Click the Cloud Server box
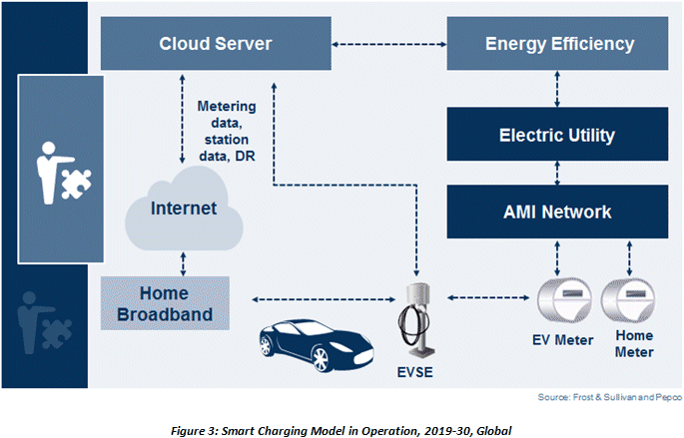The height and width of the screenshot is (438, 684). (x=216, y=43)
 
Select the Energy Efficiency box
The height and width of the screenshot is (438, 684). (x=557, y=43)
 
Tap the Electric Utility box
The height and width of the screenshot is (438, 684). (x=557, y=135)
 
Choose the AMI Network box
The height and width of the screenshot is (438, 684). (x=557, y=212)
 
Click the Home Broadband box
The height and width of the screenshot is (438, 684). (x=165, y=303)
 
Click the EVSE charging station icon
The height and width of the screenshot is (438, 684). (x=415, y=319)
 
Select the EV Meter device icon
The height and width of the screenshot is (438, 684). (x=564, y=300)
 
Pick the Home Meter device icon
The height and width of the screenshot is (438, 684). (x=628, y=300)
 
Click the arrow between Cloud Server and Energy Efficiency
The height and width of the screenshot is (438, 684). (x=389, y=44)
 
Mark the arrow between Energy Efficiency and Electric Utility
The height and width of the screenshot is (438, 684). (x=557, y=89)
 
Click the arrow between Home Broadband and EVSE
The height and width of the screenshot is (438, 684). (x=324, y=299)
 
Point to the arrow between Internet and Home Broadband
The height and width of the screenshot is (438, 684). (x=183, y=263)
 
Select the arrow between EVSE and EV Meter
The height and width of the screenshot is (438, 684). (x=488, y=297)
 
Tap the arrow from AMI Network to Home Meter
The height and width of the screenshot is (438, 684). (x=629, y=258)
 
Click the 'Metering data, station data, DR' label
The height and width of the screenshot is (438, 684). (x=227, y=131)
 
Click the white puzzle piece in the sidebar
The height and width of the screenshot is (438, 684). (x=76, y=184)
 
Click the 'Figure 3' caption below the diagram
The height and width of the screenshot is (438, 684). (x=341, y=431)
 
